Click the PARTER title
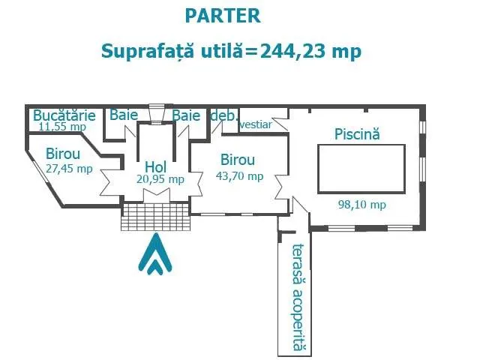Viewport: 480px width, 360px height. tap(223, 16)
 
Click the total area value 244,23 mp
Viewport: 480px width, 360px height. tap(310, 51)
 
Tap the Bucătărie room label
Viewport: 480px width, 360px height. tap(64, 115)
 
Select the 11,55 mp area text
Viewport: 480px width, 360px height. tap(62, 126)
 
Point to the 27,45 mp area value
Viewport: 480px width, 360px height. tap(69, 168)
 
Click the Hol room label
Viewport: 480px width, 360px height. tap(155, 166)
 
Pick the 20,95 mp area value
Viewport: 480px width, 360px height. tap(160, 179)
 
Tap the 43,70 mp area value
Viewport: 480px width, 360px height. tap(240, 176)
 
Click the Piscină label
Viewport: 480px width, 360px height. tap(357, 134)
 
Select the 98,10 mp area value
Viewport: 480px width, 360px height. tap(361, 205)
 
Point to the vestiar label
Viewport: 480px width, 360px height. tap(256, 124)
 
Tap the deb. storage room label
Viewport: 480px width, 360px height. tap(224, 115)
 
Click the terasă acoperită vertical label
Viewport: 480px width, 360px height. tap(298, 297)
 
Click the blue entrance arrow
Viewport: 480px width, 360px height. tap(155, 253)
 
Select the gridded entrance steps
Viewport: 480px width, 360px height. tap(155, 216)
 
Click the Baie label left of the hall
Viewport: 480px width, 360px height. tap(124, 115)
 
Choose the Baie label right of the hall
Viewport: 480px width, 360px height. tap(186, 115)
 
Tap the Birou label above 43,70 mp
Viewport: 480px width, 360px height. tap(238, 160)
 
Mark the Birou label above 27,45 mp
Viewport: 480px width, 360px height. tap(63, 154)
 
